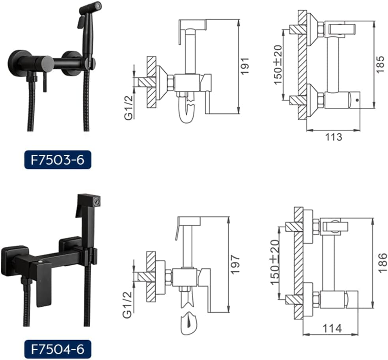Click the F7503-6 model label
tap(58, 161)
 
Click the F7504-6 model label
tap(58, 349)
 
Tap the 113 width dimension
tap(334, 137)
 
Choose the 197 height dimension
tap(235, 264)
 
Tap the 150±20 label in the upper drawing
tap(278, 65)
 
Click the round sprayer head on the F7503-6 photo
tap(91, 7)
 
